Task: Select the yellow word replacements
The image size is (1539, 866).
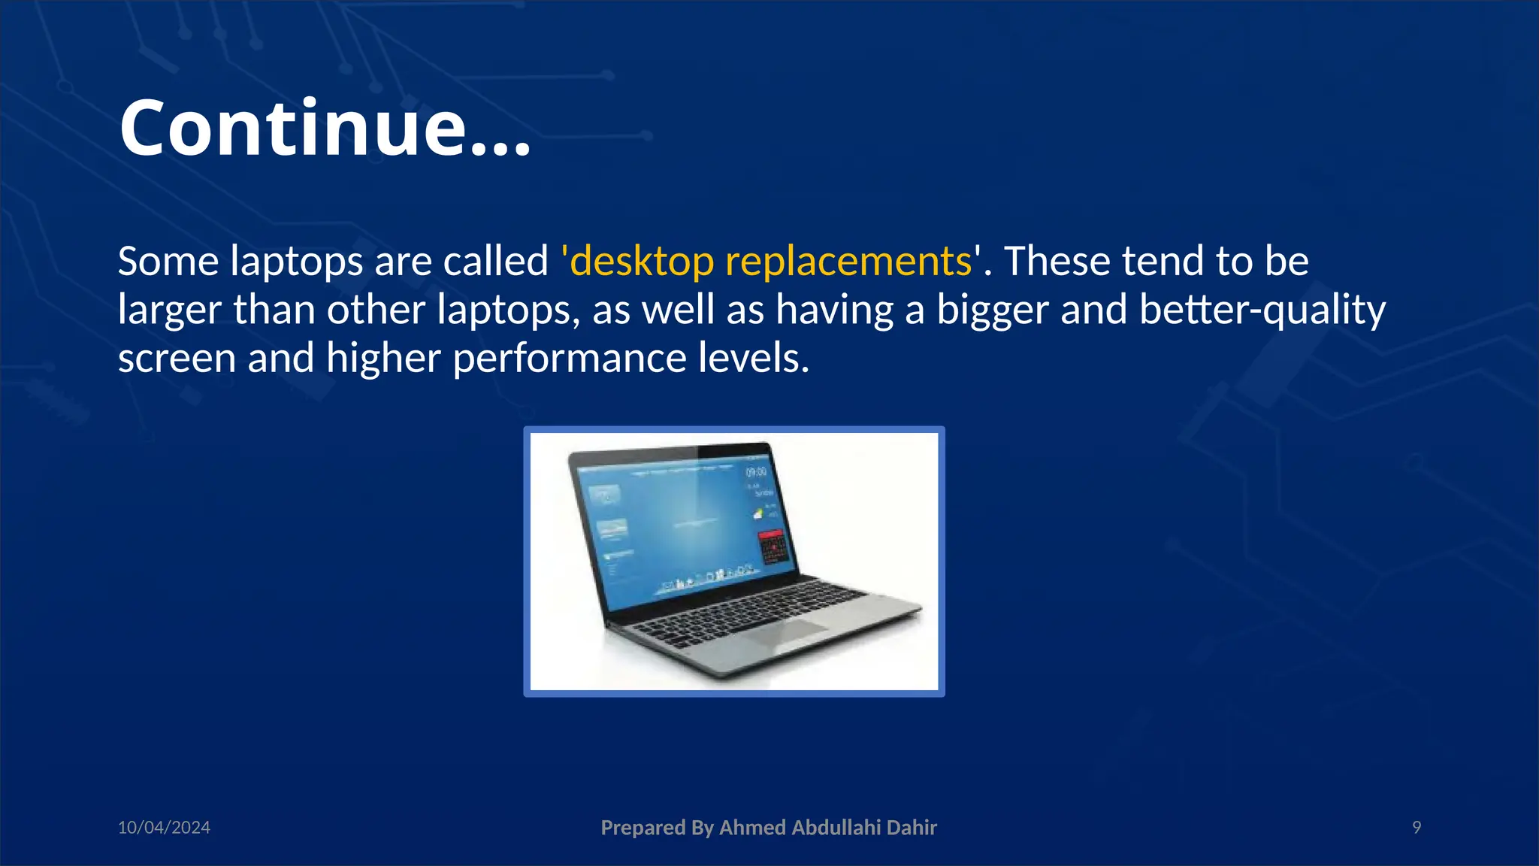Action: point(848,262)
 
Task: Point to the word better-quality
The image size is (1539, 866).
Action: point(1262,310)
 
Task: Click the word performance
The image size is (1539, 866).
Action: point(569,359)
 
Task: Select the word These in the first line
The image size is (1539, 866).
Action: point(1057,262)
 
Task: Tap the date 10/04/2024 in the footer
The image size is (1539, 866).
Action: point(164,828)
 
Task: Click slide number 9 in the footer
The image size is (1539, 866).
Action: point(1417,828)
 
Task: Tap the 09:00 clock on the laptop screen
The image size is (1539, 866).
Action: point(756,472)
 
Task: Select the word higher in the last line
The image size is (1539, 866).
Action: point(382,359)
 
